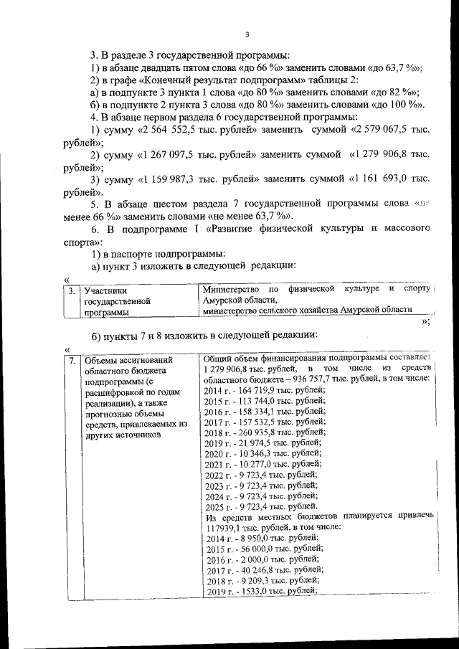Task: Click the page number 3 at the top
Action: pos(246,34)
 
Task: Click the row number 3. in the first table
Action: pos(70,291)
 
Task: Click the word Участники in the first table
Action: pos(105,291)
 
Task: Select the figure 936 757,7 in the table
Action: pos(298,379)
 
